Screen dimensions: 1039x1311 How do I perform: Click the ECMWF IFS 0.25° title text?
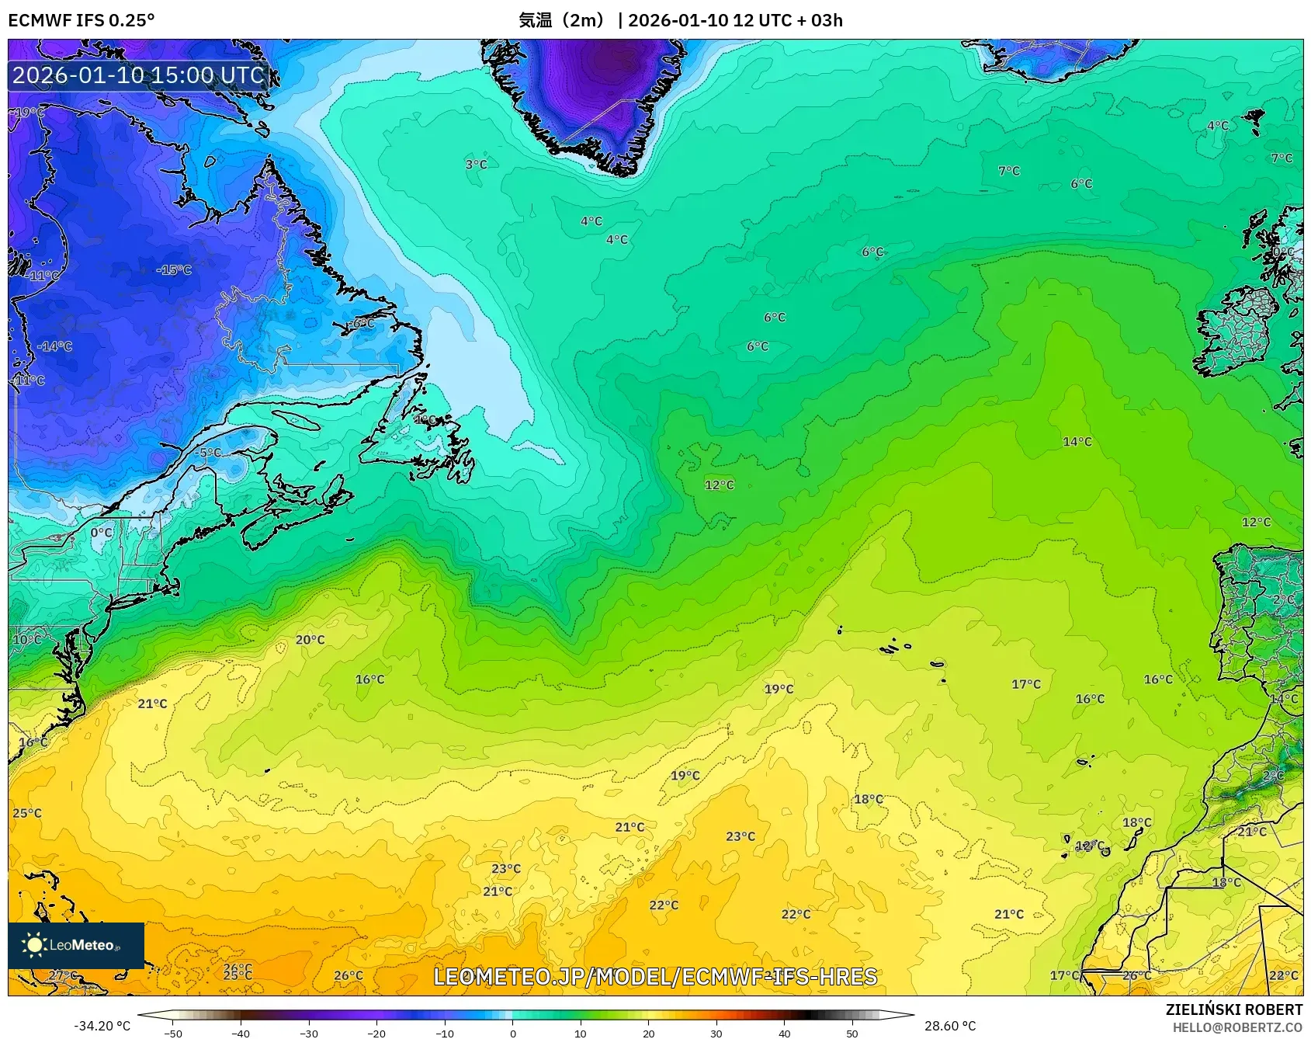point(82,20)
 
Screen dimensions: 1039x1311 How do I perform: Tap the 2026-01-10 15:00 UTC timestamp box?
point(138,75)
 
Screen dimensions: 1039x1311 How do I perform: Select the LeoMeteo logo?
point(76,945)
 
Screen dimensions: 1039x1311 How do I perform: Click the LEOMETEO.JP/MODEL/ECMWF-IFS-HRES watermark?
point(655,977)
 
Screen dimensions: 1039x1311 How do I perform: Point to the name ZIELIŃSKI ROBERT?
point(1233,1009)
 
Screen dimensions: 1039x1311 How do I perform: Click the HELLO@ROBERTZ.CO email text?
point(1237,1027)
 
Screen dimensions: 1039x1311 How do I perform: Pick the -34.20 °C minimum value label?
point(102,1026)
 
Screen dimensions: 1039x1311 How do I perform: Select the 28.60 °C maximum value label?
point(949,1026)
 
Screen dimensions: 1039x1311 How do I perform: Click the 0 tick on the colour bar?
point(512,1033)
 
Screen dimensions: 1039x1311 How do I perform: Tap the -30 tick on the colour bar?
point(309,1033)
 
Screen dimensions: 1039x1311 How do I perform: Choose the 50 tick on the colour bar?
point(852,1033)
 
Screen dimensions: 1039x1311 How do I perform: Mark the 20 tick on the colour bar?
point(648,1033)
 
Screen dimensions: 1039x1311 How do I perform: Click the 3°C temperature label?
point(476,165)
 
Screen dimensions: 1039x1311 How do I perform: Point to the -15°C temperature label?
point(174,270)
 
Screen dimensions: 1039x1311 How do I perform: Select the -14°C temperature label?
point(54,346)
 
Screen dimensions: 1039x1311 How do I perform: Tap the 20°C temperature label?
point(310,640)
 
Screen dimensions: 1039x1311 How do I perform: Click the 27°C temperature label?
point(63,975)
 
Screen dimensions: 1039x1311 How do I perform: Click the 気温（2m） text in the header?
point(561,20)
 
